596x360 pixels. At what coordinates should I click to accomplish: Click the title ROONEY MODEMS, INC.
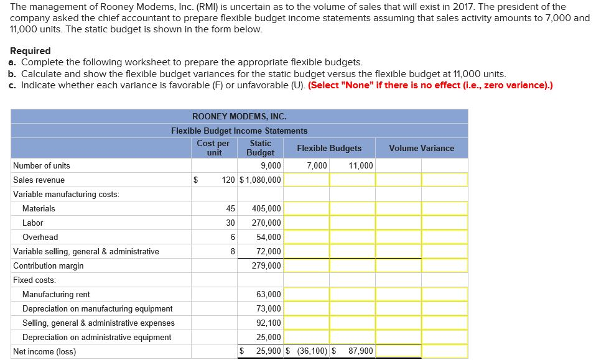[x=240, y=116]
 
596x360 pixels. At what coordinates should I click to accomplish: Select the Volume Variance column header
[x=421, y=148]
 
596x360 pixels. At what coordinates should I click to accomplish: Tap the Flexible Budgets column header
[x=329, y=148]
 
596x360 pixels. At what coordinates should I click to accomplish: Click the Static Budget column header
[x=260, y=148]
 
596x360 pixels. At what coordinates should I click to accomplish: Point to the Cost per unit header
[x=213, y=148]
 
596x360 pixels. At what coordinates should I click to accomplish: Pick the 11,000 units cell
[x=361, y=166]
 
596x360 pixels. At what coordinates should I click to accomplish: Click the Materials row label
[x=39, y=209]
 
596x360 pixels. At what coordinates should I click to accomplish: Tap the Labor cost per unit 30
[x=230, y=223]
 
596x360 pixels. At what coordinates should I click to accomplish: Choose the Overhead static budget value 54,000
[x=268, y=238]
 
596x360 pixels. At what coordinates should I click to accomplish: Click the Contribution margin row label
[x=49, y=266]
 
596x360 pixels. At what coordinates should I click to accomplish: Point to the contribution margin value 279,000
[x=266, y=266]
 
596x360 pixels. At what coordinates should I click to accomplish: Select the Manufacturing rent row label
[x=56, y=295]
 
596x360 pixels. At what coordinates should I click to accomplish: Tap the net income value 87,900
[x=360, y=351]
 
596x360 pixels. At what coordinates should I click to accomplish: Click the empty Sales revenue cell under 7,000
[x=307, y=180]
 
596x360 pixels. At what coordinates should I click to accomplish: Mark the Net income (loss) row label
[x=44, y=351]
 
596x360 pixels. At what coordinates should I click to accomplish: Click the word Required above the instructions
[x=30, y=51]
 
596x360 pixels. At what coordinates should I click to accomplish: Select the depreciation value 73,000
[x=268, y=309]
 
